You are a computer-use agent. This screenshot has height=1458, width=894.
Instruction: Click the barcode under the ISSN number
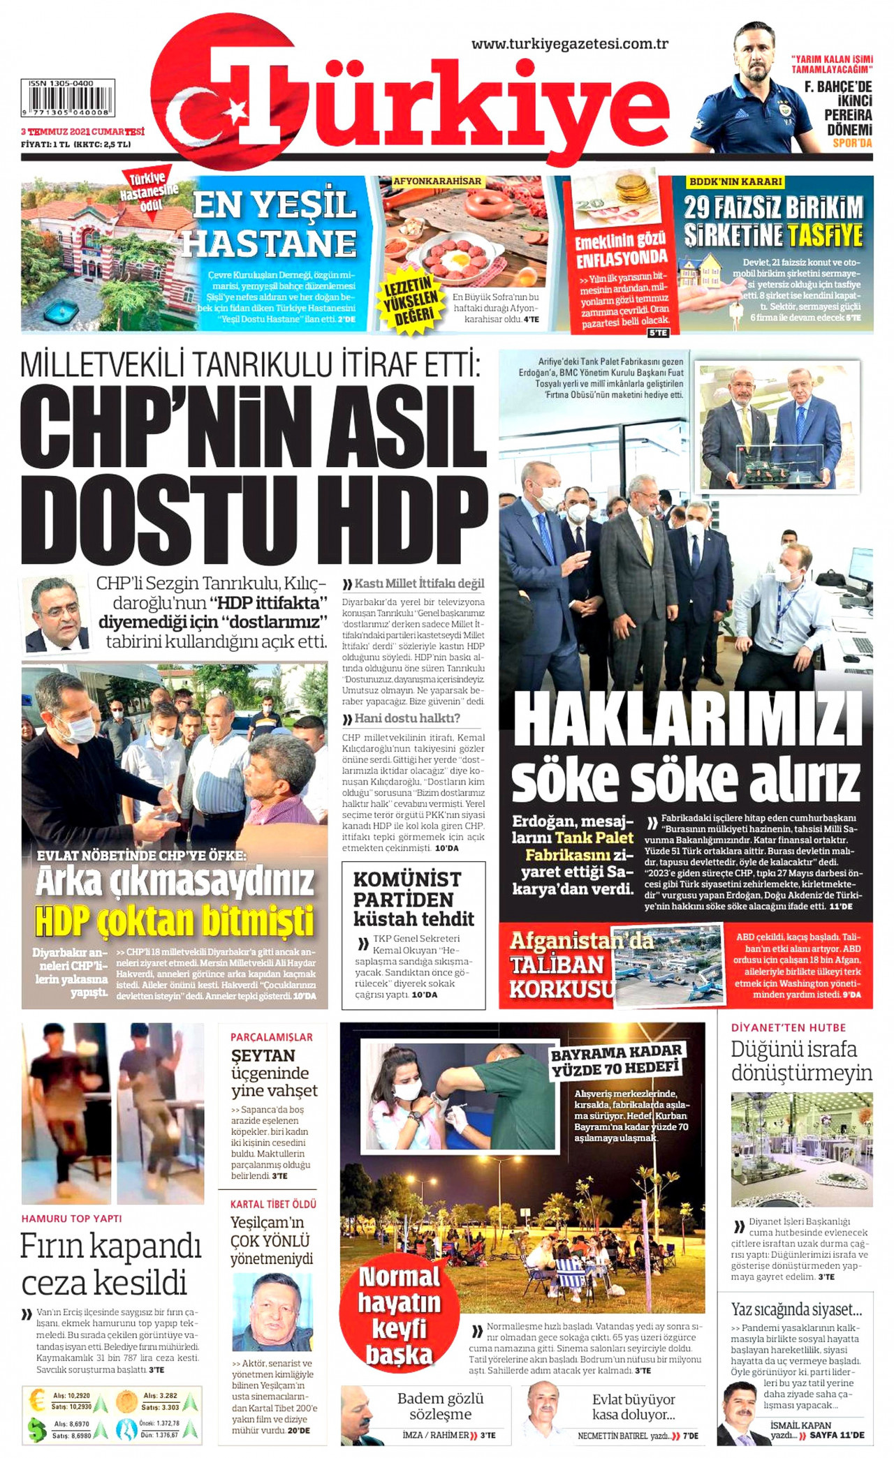click(68, 102)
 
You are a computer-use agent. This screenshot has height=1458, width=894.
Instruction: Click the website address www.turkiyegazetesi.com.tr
click(570, 44)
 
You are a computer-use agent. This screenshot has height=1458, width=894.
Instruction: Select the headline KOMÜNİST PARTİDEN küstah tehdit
click(413, 898)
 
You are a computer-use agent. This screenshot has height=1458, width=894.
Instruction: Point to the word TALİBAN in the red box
click(557, 965)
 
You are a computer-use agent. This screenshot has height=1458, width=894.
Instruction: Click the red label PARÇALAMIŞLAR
click(272, 1037)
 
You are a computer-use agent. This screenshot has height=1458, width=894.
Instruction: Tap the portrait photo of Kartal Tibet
click(272, 1313)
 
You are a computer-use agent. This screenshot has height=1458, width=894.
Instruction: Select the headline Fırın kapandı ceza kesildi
click(110, 1264)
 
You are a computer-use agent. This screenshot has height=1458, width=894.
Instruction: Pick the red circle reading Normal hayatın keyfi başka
click(399, 1316)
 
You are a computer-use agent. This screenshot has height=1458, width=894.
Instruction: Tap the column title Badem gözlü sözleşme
click(440, 1406)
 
